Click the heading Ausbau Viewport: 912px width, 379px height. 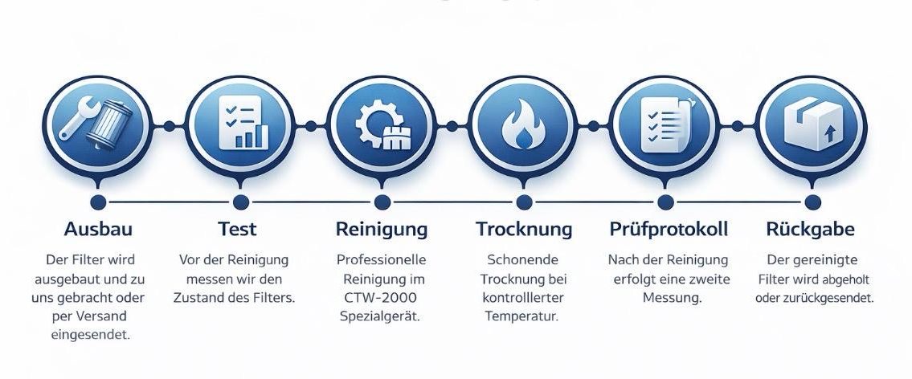pos(98,229)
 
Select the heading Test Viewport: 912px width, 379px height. pos(237,229)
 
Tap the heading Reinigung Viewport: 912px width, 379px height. pos(381,229)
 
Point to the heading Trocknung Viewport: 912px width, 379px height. pos(524,229)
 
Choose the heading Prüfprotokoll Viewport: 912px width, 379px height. pos(669,229)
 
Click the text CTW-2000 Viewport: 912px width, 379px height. pos(381,298)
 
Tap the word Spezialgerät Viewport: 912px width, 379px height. pos(381,316)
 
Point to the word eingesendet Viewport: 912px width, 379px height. pos(90,335)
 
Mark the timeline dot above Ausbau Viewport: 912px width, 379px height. pos(99,202)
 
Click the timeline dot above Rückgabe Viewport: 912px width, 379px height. pos(812,202)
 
